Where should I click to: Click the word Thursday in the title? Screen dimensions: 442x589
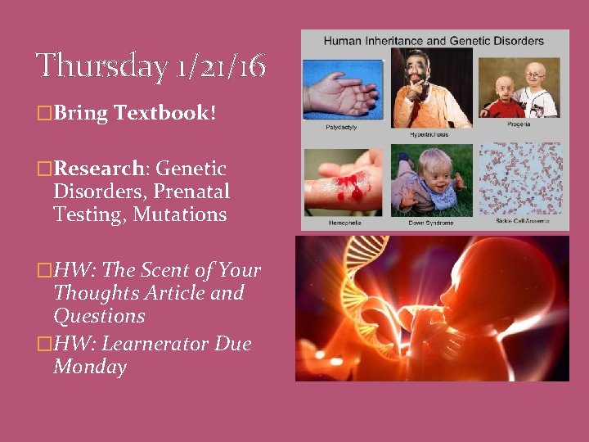click(101, 65)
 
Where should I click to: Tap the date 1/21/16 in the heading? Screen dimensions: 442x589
click(220, 65)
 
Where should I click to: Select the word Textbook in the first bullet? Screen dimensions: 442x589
click(161, 113)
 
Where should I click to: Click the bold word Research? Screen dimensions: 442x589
click(98, 169)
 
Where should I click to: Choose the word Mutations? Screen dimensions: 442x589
click(181, 214)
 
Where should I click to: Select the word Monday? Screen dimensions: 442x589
click(90, 367)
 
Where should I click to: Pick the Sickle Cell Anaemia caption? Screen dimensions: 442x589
click(522, 220)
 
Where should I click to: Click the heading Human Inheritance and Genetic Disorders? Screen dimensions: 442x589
click(434, 40)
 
